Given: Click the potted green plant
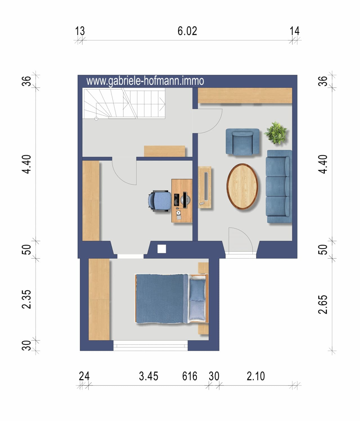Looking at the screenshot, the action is point(276,133).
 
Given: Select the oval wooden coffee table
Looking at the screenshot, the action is point(242,186).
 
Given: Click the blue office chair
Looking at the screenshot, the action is point(160,201).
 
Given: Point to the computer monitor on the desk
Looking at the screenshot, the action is point(185,200).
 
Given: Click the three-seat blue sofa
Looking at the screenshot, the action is point(279,186).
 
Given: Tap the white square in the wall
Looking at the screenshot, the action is point(162,249).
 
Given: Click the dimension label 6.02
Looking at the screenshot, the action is point(187,31).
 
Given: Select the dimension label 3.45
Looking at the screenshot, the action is point(148,376).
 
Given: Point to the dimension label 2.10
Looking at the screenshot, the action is point(256,376).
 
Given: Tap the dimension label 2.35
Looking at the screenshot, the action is point(26,299).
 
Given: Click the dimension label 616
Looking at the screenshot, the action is point(190,376).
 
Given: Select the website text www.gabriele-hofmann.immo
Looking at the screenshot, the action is point(145,81).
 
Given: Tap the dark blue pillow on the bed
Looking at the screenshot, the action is point(197,290).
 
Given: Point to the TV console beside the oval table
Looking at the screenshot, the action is point(204,187).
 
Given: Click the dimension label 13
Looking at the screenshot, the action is point(80,31).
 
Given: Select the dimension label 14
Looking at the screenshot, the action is point(294,31).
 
